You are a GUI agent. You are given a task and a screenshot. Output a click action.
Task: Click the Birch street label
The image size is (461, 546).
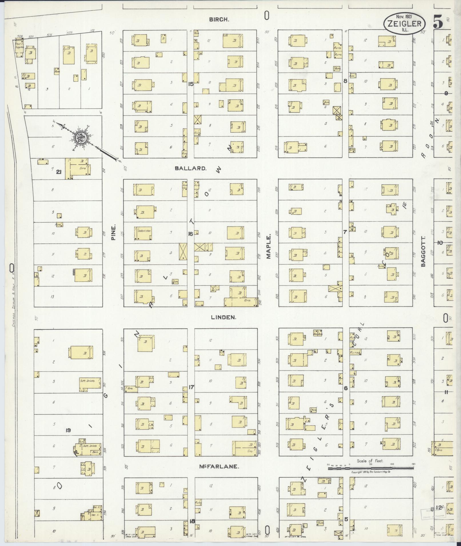pos(219,19)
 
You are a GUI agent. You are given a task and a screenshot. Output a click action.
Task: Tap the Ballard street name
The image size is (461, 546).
pos(191,168)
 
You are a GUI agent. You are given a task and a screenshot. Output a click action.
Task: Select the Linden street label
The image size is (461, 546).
pos(223,317)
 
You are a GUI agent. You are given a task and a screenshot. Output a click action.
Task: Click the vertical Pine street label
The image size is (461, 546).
pos(113,232)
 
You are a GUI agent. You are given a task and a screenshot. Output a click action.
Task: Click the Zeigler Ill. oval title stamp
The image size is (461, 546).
pos(404,24)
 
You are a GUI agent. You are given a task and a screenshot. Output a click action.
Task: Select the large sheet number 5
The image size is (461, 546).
pos(438,22)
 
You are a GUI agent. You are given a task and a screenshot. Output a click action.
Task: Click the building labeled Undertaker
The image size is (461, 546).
pos(145,233)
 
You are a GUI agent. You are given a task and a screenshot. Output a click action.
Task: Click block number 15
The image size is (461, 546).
pos(191,84)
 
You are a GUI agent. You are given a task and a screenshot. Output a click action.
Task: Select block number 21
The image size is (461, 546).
pos(59,172)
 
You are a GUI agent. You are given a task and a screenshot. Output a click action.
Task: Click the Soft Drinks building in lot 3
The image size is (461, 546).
pos(90,383)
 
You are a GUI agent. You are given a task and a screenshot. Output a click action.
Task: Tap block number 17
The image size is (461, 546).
pos(191,387)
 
